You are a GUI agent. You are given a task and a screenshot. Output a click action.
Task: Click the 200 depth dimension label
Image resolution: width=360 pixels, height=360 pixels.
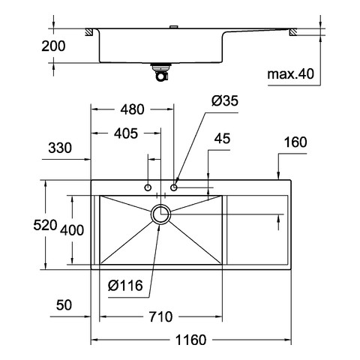(x=53, y=46)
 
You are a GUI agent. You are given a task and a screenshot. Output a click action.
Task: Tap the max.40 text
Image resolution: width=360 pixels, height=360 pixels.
(x=290, y=74)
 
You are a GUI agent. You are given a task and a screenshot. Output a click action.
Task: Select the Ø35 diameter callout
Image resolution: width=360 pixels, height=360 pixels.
(x=225, y=100)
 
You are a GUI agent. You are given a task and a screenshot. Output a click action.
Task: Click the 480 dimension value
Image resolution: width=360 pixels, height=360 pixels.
(x=132, y=109)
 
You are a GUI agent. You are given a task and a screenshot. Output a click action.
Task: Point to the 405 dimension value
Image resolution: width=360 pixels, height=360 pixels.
(x=126, y=133)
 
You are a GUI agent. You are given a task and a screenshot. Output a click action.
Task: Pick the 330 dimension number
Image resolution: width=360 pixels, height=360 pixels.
(x=60, y=148)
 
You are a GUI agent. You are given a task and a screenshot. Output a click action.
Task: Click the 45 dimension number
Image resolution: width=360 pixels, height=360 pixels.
(x=222, y=139)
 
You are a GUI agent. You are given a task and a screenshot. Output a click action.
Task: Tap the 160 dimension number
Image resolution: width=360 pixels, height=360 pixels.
(x=295, y=142)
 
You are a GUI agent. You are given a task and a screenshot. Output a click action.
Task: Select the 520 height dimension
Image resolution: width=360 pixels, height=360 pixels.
(x=45, y=225)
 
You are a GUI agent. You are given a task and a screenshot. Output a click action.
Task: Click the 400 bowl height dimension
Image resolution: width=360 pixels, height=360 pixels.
(x=72, y=230)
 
